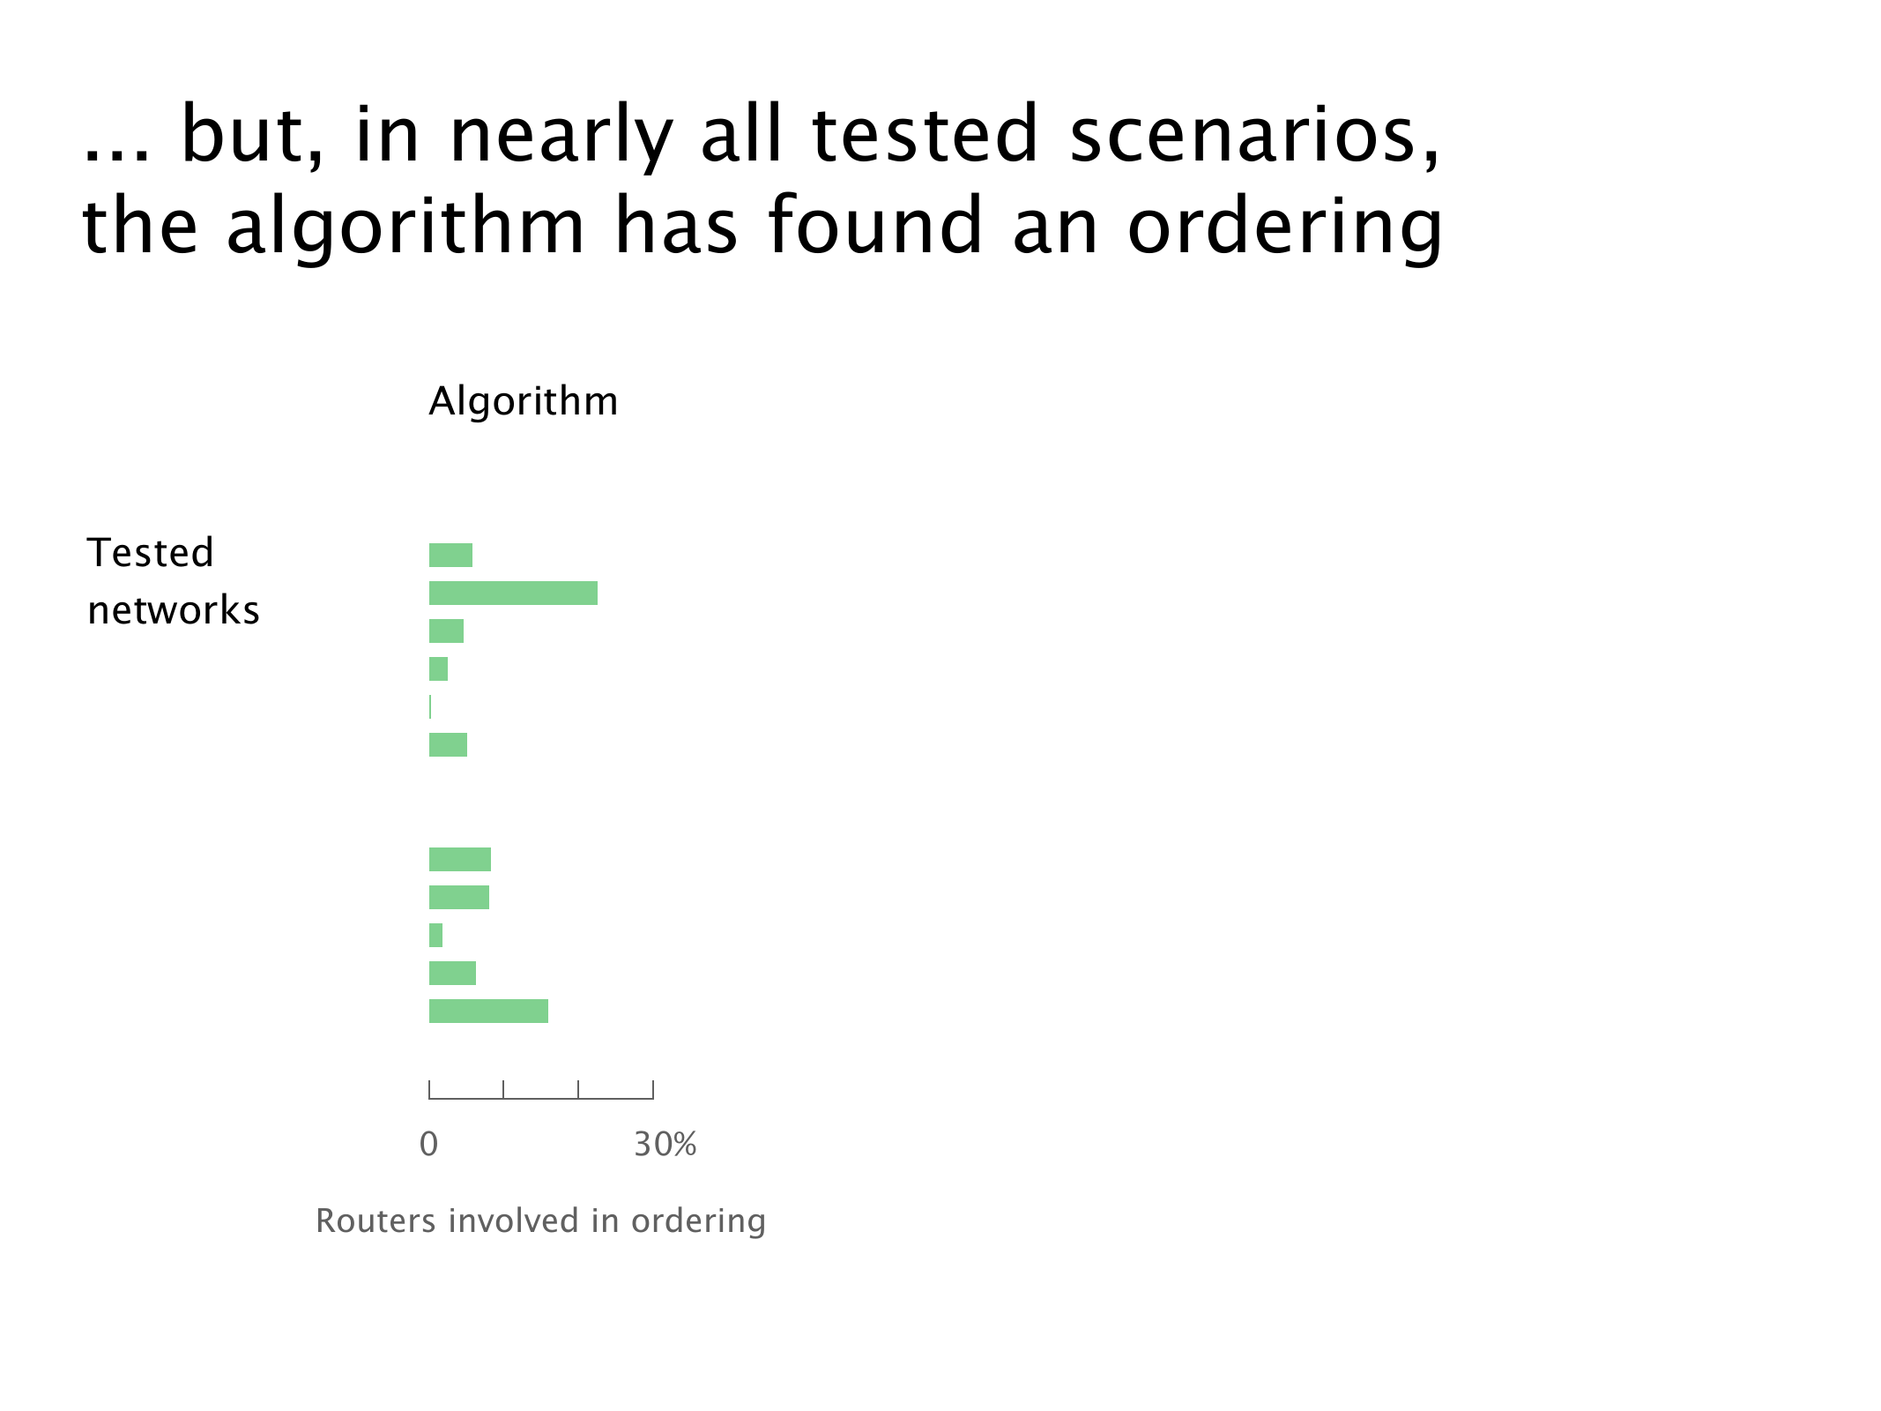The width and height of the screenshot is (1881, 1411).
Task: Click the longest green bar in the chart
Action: (513, 594)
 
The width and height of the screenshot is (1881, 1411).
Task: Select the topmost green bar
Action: (450, 556)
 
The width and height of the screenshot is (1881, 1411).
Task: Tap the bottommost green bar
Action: (488, 1012)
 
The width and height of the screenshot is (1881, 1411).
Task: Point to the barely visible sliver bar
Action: (430, 707)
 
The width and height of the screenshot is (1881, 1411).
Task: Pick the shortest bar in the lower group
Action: (435, 936)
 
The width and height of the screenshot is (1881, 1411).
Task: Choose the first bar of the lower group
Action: (460, 860)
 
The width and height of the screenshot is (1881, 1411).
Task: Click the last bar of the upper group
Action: (448, 745)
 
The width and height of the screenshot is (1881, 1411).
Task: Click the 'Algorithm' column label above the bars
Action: (524, 402)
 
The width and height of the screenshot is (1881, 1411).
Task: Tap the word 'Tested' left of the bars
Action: (151, 553)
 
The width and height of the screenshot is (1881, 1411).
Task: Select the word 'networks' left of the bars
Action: (174, 610)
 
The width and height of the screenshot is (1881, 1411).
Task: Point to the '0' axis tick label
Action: (429, 1145)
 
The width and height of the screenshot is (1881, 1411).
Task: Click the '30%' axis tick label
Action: (665, 1145)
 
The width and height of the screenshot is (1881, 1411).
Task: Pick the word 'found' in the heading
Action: (876, 225)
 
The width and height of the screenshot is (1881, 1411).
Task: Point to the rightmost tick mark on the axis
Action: (653, 1090)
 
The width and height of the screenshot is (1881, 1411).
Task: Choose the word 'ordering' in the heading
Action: (1285, 228)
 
